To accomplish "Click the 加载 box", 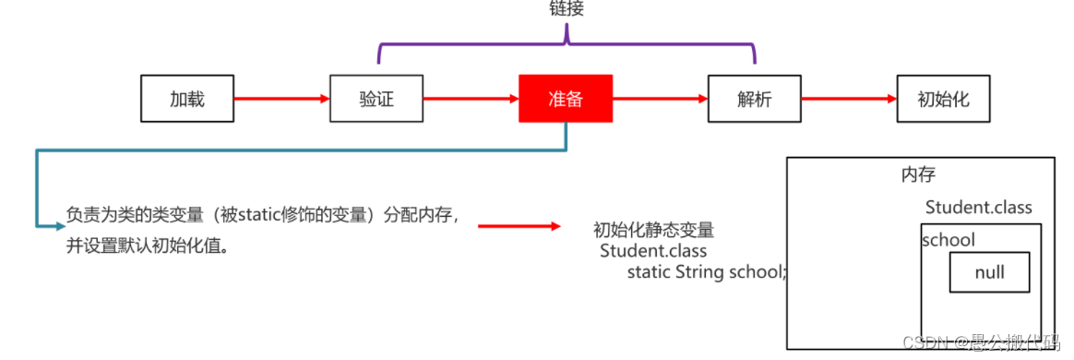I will tap(186, 98).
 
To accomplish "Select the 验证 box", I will tap(376, 98).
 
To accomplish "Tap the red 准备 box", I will tap(566, 98).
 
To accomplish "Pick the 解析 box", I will tap(754, 98).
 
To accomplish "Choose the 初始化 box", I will tap(943, 98).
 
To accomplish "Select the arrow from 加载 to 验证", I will tap(280, 98).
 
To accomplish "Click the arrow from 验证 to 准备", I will tap(470, 98).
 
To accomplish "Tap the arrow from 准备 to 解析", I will tap(660, 98).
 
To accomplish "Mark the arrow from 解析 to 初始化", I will tap(849, 98).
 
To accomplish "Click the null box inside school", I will tap(989, 272).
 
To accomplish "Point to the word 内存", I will tap(919, 174).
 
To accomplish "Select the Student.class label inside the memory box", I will tap(978, 207).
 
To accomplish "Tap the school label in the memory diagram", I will tap(949, 240).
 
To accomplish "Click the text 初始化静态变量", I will tap(653, 230).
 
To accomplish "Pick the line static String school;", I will tap(707, 271).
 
